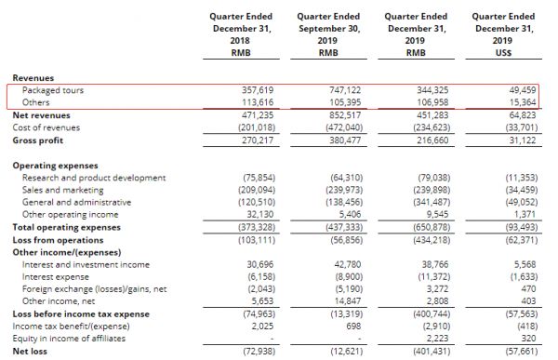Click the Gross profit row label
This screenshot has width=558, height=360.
pos(37,140)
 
